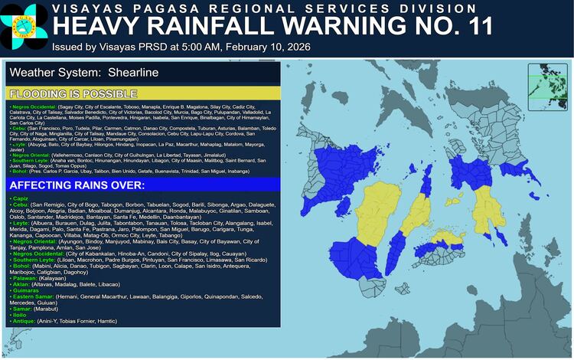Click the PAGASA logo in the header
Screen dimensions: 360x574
pos(24,25)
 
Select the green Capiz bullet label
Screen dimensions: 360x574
pos(18,198)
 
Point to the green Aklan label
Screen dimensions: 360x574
pos(19,286)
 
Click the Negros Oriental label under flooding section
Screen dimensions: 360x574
pos(34,154)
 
